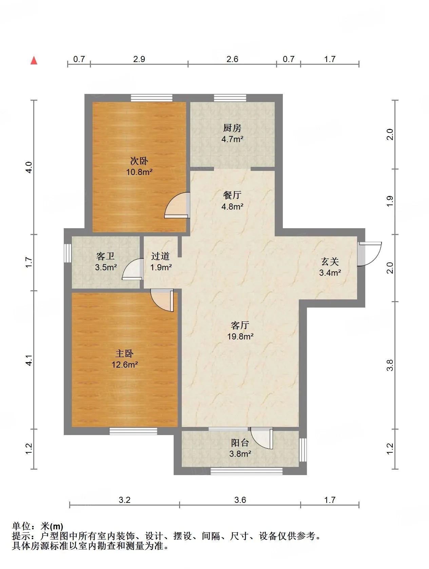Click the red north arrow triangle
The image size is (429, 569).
point(34,60)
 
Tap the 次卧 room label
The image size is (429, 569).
point(139,161)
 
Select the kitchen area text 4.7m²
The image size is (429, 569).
point(232,139)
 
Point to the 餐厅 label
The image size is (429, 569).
point(232,195)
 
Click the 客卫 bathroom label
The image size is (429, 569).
point(105,256)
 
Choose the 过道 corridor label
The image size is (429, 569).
point(160,256)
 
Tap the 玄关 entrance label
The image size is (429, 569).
point(330,261)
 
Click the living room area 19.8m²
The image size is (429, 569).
point(240,336)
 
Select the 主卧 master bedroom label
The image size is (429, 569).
point(124,354)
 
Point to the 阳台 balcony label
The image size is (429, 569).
point(240,443)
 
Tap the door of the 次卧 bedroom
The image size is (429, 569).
point(177,205)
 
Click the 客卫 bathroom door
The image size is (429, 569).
point(133,269)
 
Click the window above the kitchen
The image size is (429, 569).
point(230,98)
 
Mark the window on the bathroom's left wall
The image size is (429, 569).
point(67,253)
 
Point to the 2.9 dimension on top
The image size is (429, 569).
point(139,59)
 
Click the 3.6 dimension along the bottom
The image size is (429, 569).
point(240,500)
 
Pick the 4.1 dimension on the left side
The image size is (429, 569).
point(29,360)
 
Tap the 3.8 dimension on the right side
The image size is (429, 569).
point(390,365)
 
